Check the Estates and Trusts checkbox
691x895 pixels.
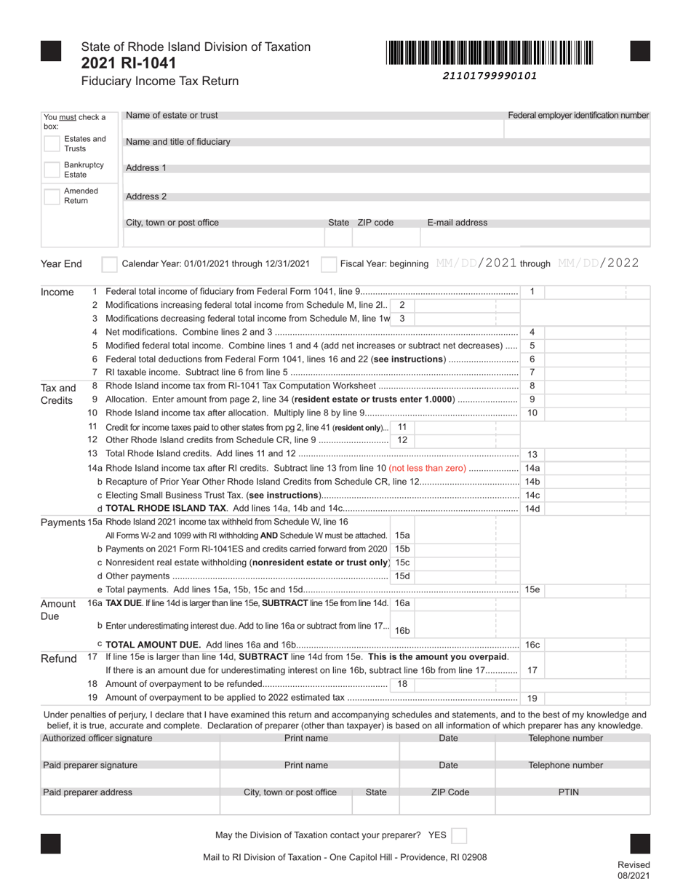52,143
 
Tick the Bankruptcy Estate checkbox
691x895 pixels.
52,170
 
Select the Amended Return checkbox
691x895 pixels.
52,196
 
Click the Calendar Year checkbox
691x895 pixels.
108,263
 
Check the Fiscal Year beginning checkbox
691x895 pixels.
329,263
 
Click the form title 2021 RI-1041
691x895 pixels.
128,63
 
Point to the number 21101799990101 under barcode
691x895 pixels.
490,75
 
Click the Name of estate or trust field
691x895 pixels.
313,129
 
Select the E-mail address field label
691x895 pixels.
457,223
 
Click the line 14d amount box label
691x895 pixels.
532,509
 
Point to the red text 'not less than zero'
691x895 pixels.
428,468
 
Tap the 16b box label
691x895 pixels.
402,630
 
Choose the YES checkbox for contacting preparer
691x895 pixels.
459,835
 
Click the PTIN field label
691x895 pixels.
568,792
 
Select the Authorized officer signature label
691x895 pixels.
97,738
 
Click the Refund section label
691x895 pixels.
58,659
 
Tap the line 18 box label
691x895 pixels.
402,684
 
